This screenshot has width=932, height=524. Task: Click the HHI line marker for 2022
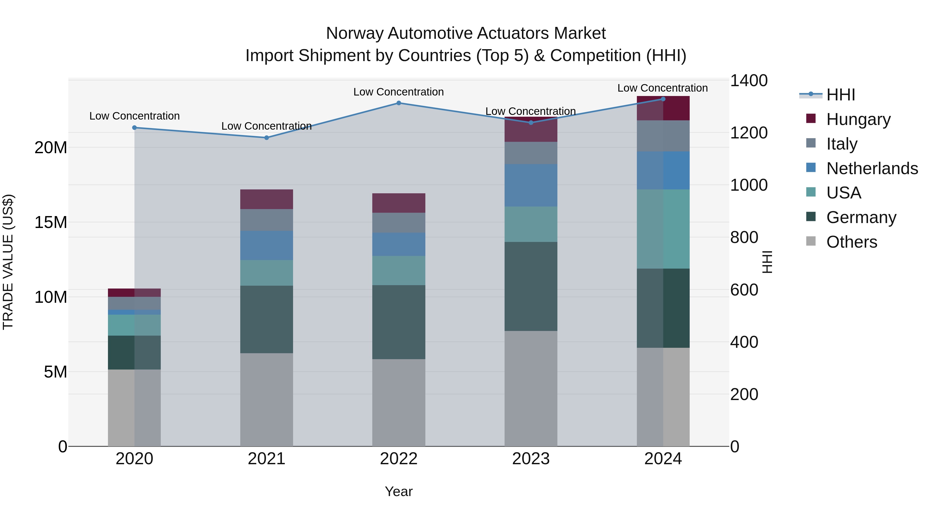[399, 103]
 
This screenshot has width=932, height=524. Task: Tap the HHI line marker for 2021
[267, 138]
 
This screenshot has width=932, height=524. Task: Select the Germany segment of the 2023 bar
[531, 286]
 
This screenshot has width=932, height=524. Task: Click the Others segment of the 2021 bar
[267, 400]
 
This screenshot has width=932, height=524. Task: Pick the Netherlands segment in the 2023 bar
[531, 185]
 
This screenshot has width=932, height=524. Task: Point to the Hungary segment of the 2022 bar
[399, 203]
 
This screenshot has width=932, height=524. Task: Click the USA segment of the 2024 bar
[663, 229]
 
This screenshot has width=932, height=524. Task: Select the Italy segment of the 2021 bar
[267, 220]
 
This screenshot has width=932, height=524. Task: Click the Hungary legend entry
[858, 119]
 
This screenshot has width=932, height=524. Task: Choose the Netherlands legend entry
[872, 168]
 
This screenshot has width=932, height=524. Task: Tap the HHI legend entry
[840, 95]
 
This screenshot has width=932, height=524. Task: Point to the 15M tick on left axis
[51, 222]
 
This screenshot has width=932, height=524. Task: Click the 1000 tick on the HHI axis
[748, 185]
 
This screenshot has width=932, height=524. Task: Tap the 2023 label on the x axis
[531, 459]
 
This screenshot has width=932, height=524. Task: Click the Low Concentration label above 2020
[135, 116]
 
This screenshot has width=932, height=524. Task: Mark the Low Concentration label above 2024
[662, 88]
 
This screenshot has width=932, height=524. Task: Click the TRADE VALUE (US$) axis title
[8, 262]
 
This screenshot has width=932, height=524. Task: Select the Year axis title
[399, 491]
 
